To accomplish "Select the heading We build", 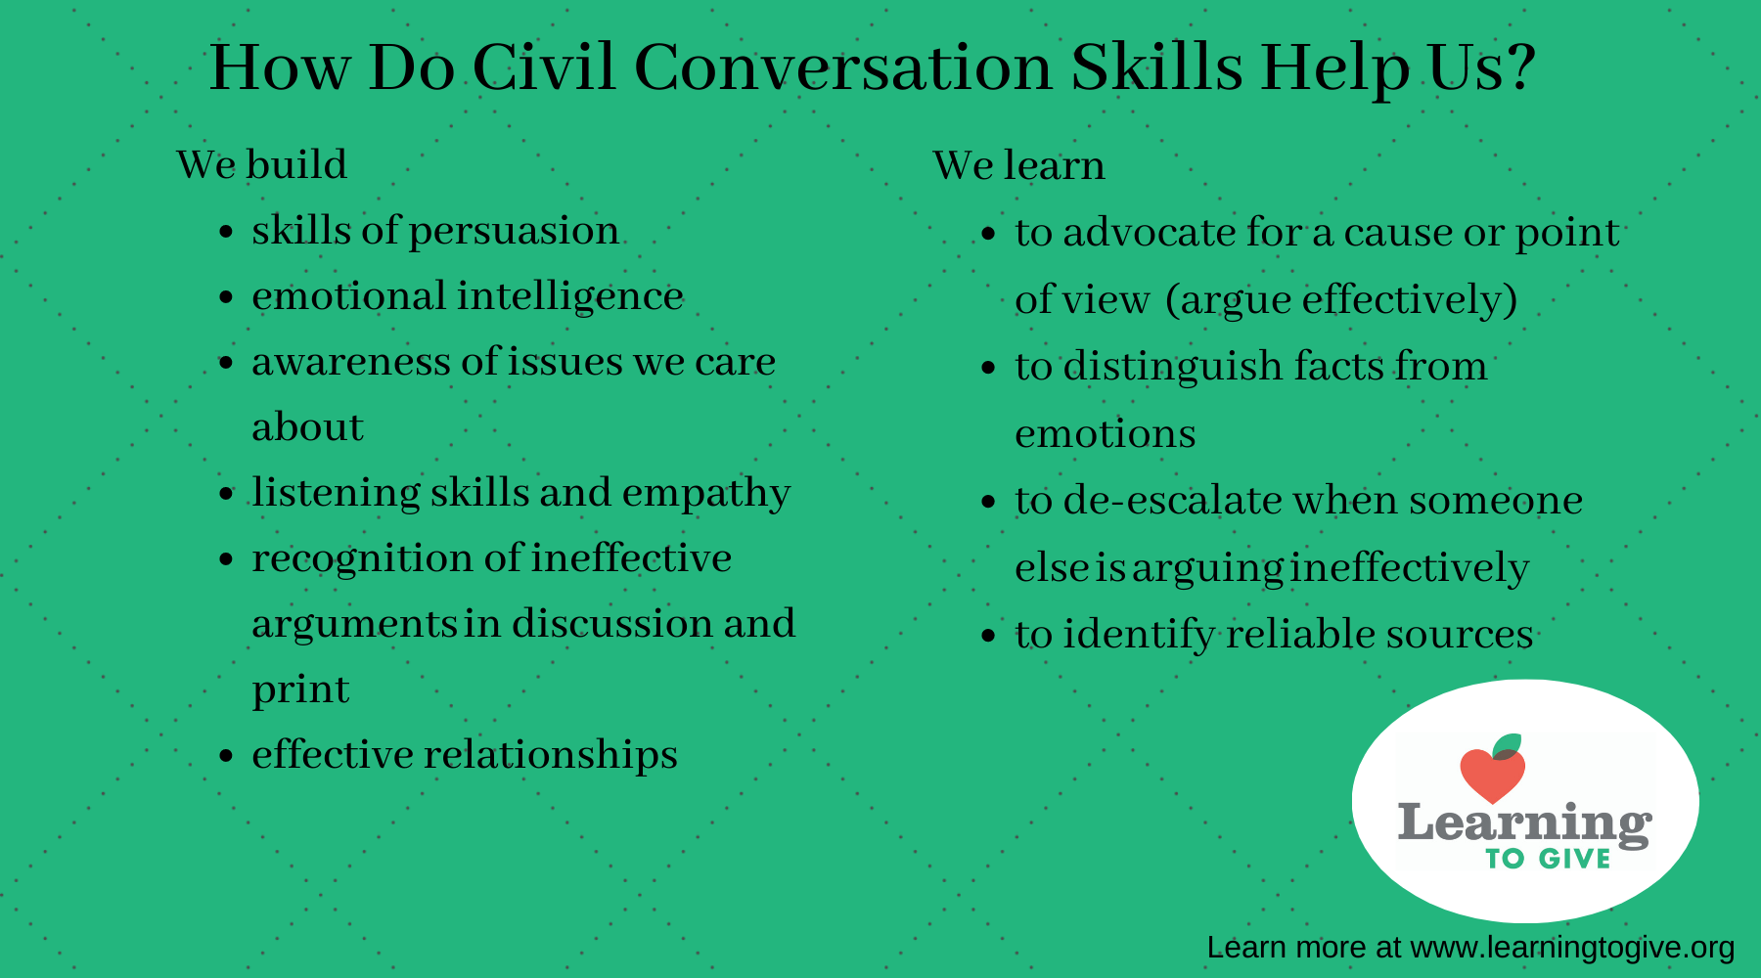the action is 261,164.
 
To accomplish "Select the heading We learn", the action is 1018,165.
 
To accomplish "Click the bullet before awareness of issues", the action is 227,363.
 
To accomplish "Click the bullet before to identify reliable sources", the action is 989,636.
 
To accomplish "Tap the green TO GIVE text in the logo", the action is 1548,859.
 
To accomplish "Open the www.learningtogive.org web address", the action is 1572,948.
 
